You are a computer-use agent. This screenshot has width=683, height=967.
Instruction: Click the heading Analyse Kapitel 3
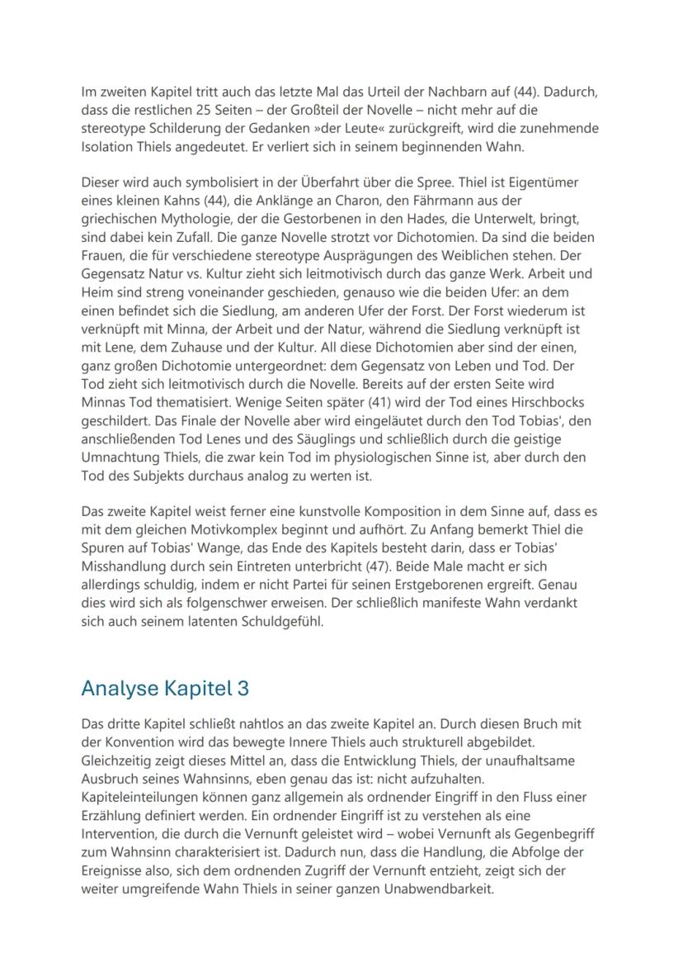pyautogui.click(x=165, y=688)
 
